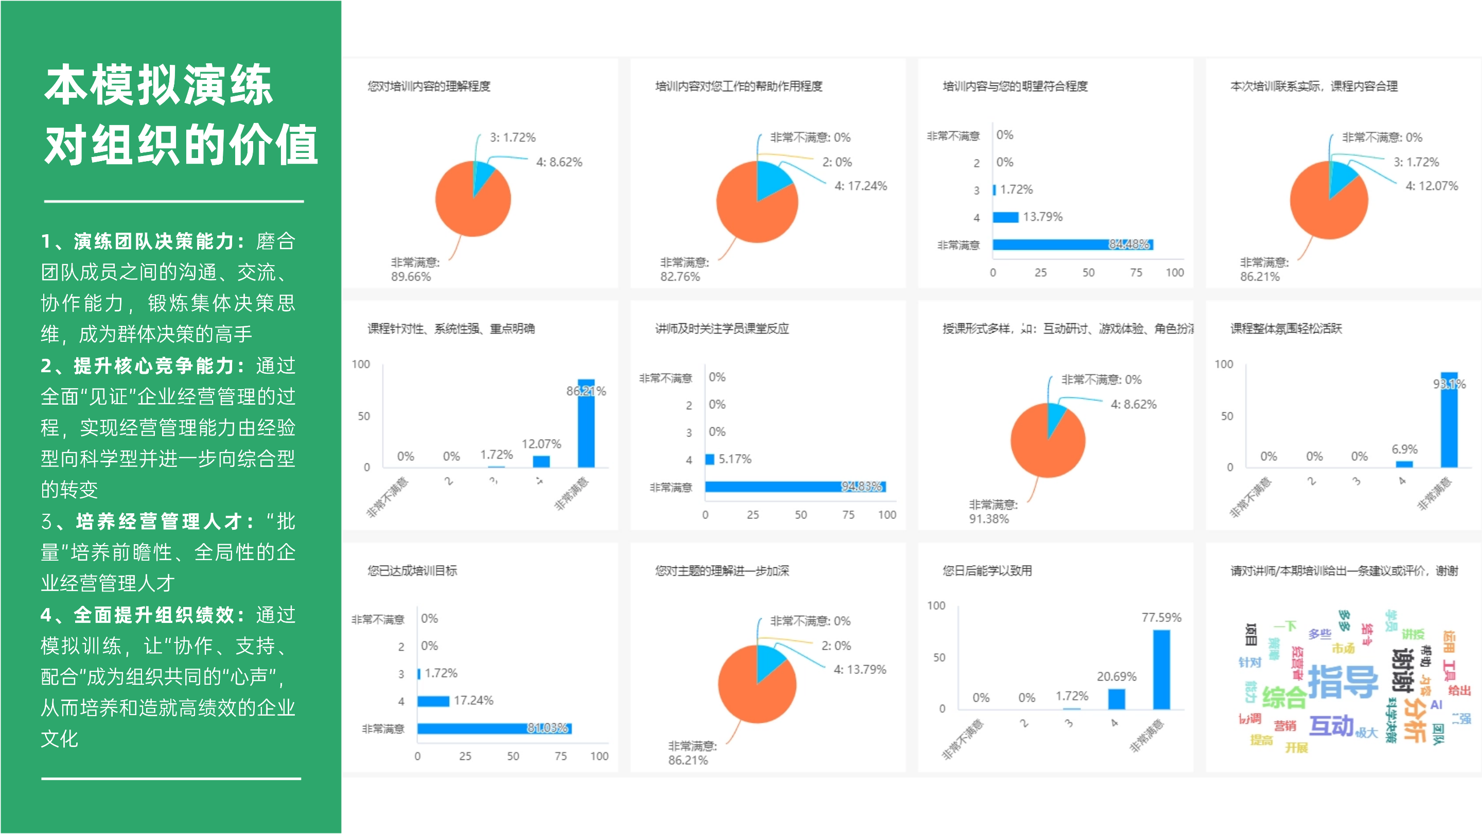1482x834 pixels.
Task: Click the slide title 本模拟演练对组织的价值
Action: pos(181,114)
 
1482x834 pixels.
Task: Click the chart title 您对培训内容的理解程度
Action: pos(429,86)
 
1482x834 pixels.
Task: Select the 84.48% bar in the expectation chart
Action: pos(1072,245)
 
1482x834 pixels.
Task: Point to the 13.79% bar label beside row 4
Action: pos(1043,217)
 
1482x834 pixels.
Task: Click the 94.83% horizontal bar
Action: pos(795,487)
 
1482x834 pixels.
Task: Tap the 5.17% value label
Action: pos(735,459)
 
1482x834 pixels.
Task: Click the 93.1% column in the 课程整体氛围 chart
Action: pos(1449,420)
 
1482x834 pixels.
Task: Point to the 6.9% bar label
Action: pos(1404,449)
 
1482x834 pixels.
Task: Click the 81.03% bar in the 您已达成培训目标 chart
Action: pos(493,728)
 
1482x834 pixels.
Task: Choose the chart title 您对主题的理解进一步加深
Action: pos(721,571)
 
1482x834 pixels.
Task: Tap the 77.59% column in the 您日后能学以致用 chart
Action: pos(1161,669)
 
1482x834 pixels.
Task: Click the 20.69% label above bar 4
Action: pos(1116,676)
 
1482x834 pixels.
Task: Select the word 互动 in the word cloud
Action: pos(1331,726)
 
